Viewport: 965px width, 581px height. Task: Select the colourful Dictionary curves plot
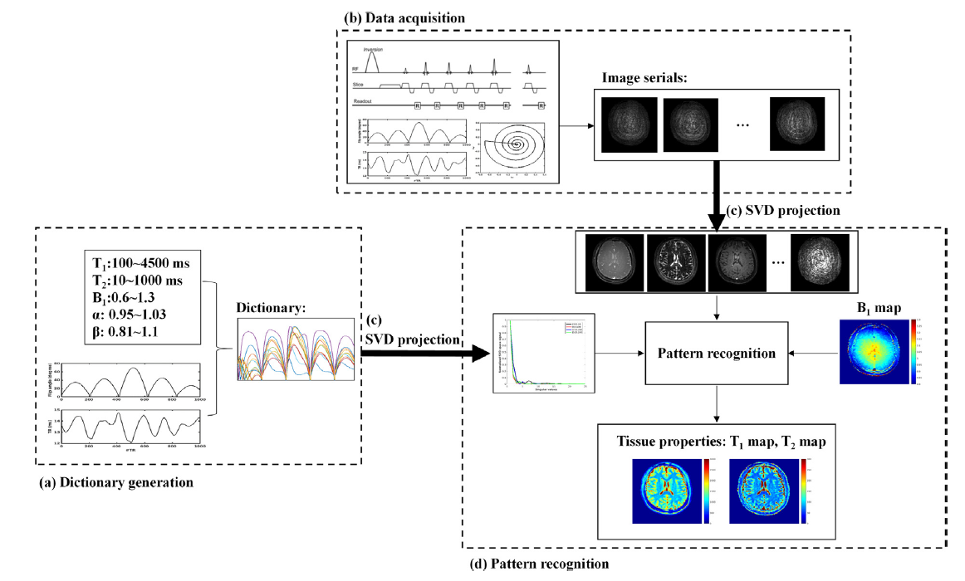pyautogui.click(x=296, y=349)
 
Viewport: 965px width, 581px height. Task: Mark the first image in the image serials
pyautogui.click(x=629, y=124)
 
